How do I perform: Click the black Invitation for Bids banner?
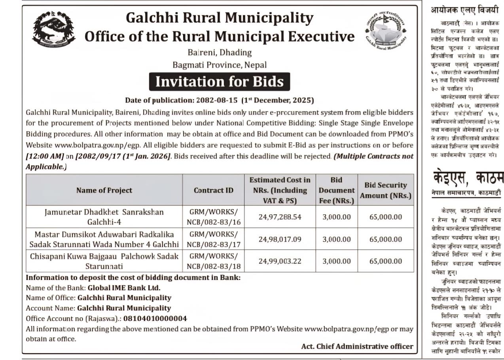pos(219,81)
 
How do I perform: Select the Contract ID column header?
pos(213,190)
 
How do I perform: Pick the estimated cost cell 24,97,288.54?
pos(280,217)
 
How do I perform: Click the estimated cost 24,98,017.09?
pos(280,239)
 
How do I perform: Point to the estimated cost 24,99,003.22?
pos(280,261)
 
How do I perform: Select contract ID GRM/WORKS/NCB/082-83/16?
pos(214,217)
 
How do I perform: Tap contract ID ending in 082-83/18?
pos(214,261)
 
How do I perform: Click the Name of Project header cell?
pos(104,190)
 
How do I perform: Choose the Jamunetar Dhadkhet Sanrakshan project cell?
pos(104,217)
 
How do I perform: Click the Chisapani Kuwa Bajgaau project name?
pos(104,261)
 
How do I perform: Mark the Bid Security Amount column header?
pos(386,190)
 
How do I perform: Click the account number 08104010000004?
pos(155,318)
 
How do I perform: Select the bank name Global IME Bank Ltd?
pos(124,288)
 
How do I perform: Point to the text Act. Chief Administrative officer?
pos(357,346)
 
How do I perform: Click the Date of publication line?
pos(219,100)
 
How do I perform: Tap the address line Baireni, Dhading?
pos(219,52)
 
